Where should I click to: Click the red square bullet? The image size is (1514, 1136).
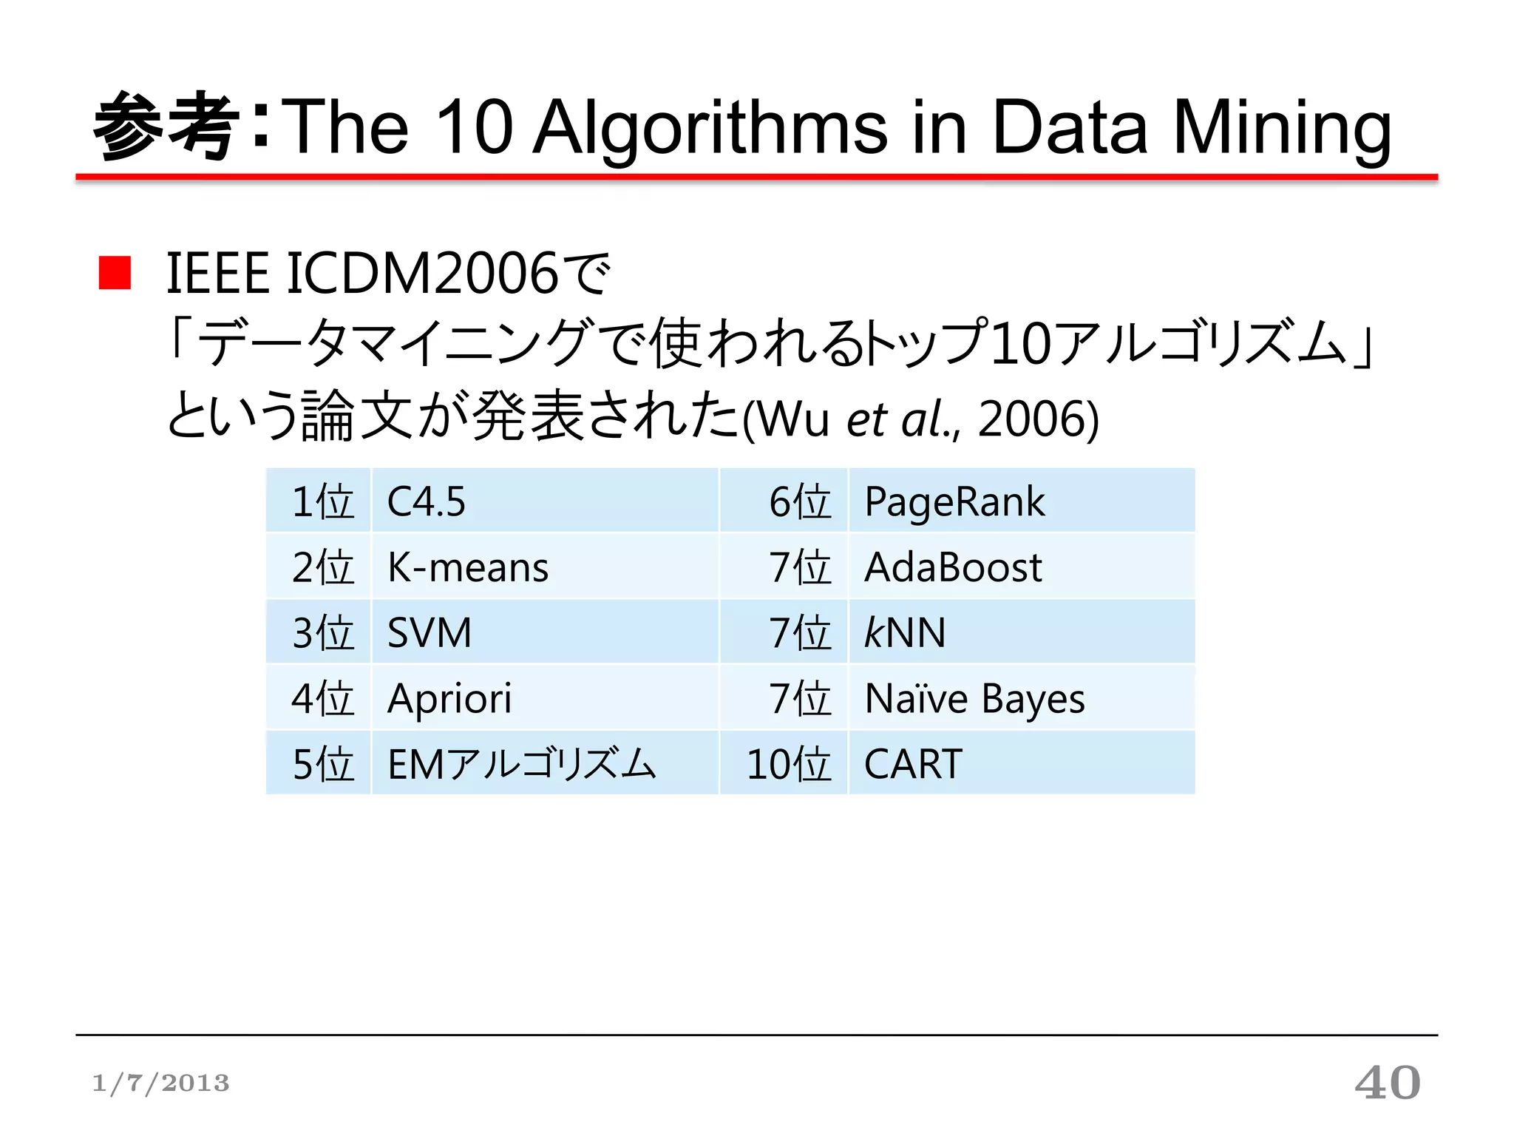coord(115,273)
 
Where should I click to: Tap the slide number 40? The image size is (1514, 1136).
coord(1387,1083)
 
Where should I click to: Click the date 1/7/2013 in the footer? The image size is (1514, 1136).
coord(160,1083)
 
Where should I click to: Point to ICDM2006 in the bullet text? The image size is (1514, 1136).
coord(421,273)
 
